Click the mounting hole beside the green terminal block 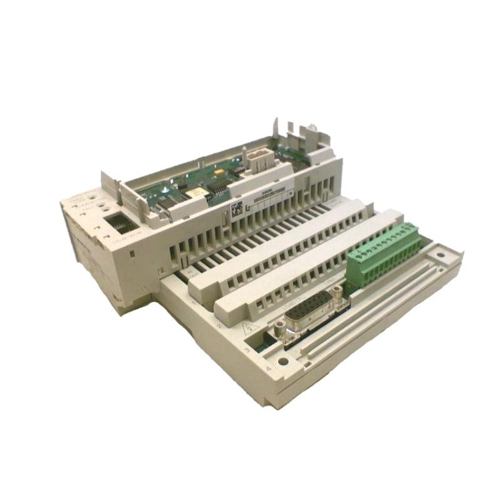coord(441,255)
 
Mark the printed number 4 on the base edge coord(268,369)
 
